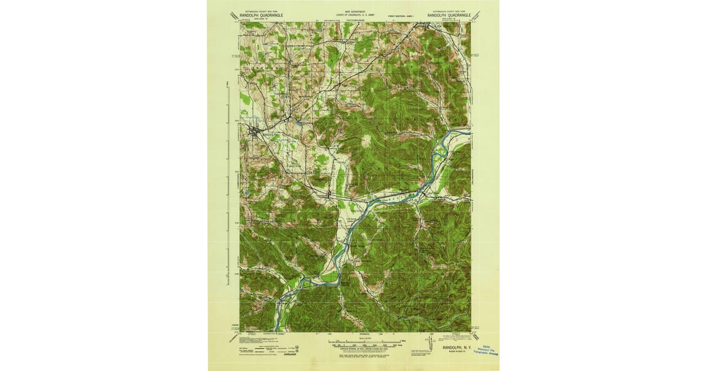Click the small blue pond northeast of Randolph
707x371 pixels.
[x=298, y=124]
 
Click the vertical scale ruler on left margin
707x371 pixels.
[x=227, y=183]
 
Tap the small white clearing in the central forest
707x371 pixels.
[x=367, y=140]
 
